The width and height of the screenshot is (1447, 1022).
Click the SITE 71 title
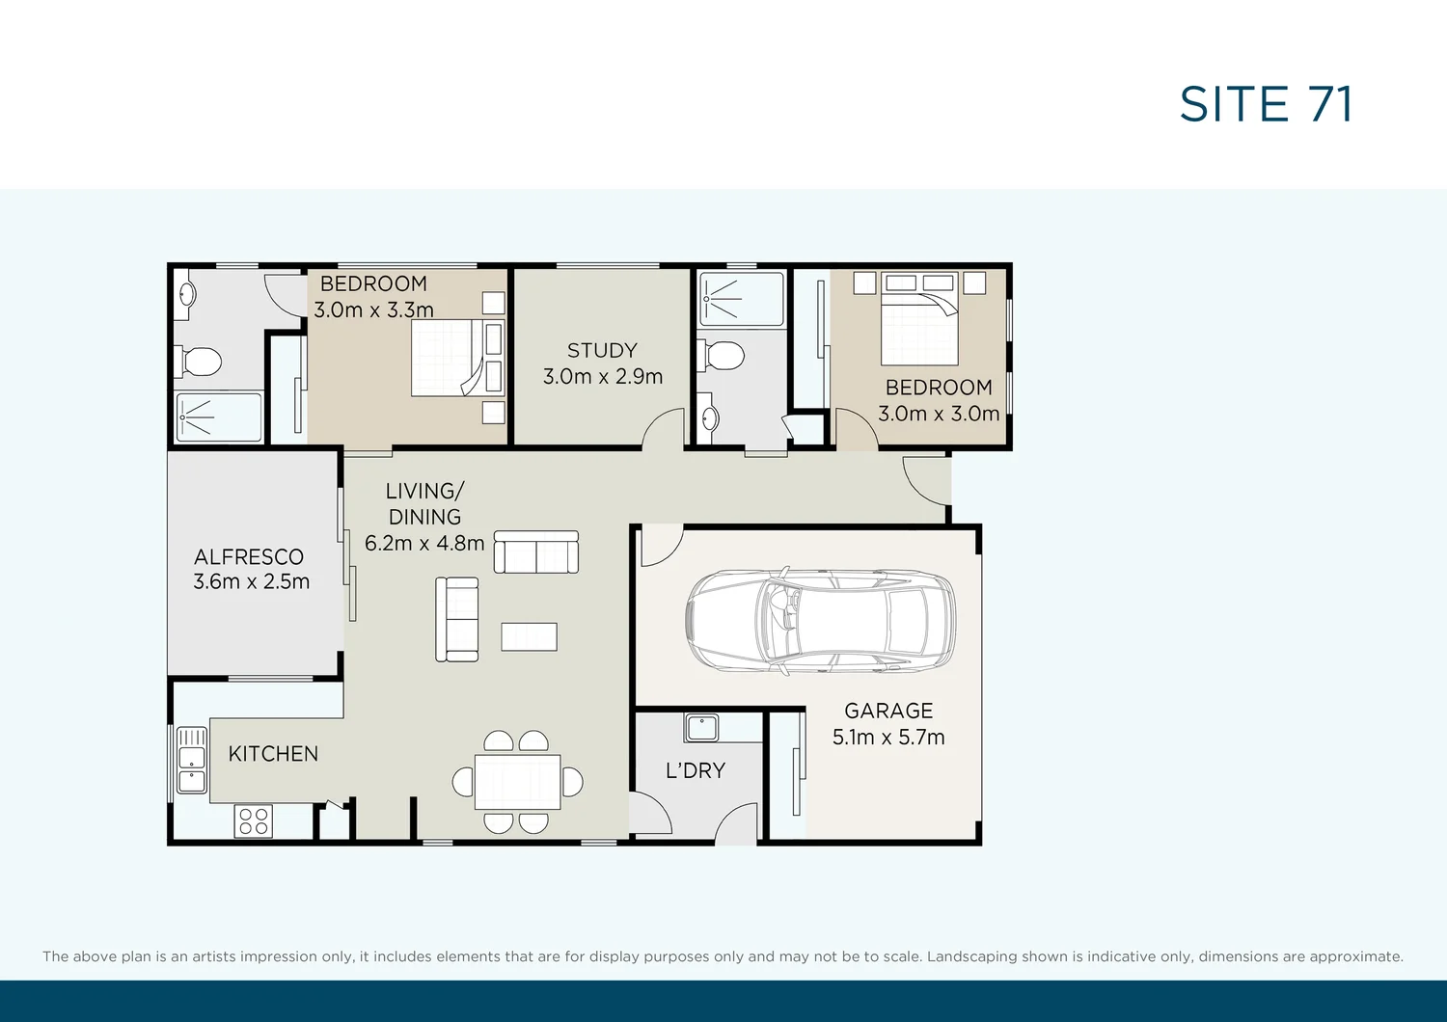pyautogui.click(x=1266, y=104)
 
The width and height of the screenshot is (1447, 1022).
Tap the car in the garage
pyautogui.click(x=820, y=619)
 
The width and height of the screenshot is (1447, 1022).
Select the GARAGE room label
pyautogui.click(x=888, y=711)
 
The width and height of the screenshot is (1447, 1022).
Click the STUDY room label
pyautogui.click(x=602, y=350)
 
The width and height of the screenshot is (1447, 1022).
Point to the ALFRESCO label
pyautogui.click(x=249, y=556)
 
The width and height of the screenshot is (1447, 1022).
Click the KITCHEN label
pyautogui.click(x=273, y=754)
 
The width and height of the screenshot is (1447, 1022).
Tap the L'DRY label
pyautogui.click(x=695, y=770)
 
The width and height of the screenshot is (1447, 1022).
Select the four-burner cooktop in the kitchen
pyautogui.click(x=254, y=821)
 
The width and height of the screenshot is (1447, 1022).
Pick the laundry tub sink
pyautogui.click(x=701, y=727)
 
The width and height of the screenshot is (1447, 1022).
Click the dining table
pyautogui.click(x=518, y=782)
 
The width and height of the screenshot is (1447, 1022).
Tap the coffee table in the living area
pyautogui.click(x=529, y=636)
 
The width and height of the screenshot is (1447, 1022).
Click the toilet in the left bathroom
pyautogui.click(x=200, y=363)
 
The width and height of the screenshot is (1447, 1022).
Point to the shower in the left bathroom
pyautogui.click(x=219, y=417)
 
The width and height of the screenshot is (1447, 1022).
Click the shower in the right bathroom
pyautogui.click(x=741, y=299)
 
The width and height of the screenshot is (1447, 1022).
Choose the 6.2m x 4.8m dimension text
pyautogui.click(x=424, y=543)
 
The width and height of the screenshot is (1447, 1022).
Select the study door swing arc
pyautogui.click(x=665, y=427)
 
